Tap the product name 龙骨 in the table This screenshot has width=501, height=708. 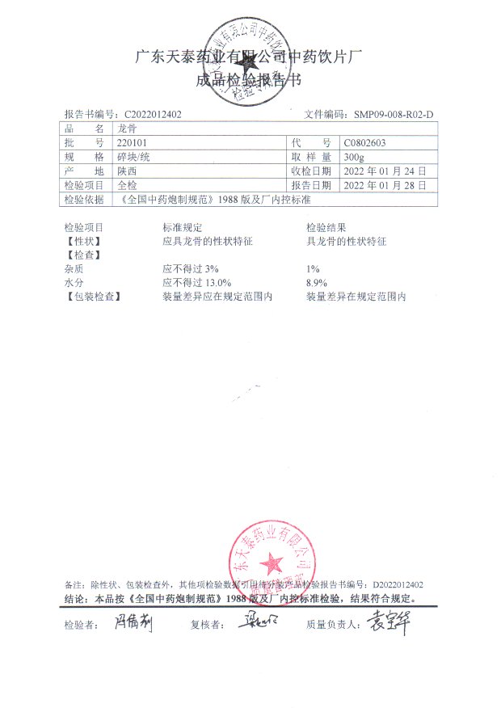128,129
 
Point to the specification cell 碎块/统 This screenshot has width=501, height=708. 133,157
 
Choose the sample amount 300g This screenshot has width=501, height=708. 354,157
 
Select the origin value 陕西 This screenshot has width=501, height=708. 128,171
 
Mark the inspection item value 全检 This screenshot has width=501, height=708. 128,185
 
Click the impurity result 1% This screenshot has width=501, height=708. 313,268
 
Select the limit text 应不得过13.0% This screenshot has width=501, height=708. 197,283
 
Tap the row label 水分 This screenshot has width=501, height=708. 74,283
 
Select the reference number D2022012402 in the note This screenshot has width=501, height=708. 398,584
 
